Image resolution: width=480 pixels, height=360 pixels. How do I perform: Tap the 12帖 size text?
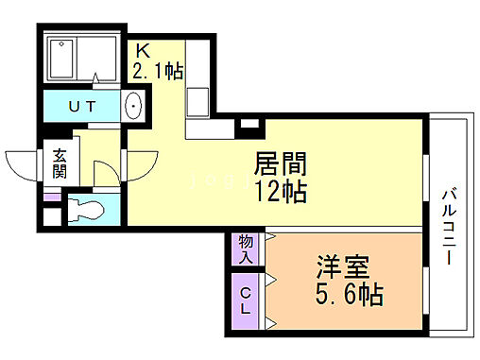281,192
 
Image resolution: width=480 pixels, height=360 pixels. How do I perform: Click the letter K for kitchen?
144,50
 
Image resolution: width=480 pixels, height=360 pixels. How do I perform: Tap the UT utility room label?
81,106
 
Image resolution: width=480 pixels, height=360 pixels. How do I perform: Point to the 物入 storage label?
245,249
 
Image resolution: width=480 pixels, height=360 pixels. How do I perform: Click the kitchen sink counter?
199,94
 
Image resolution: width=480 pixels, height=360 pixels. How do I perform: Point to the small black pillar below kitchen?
249,122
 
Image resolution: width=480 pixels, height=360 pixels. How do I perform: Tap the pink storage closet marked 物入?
245,249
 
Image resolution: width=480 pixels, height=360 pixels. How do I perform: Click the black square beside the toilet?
50,214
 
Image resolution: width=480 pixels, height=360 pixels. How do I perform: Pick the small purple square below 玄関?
50,197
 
